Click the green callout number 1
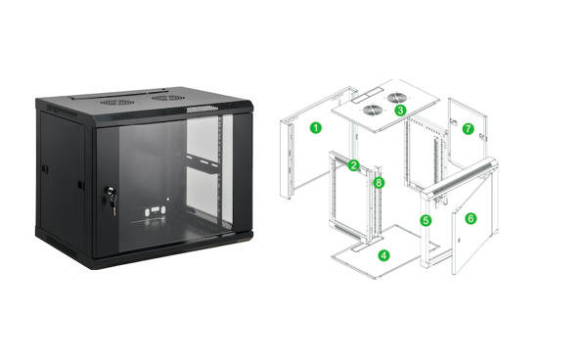pos(315,128)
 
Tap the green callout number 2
pos(353,165)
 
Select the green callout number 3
pos(400,111)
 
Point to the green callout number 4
pos(383,255)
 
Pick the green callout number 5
pos(426,220)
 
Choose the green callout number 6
pos(471,218)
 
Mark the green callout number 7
pos(468,129)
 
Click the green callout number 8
pos(379,182)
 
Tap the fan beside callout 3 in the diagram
pos(396,98)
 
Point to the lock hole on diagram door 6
pos(459,241)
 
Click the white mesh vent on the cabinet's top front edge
pos(202,109)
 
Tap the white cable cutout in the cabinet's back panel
pos(156,211)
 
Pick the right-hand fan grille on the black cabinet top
pos(167,98)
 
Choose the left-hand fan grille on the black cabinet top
pos(116,102)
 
